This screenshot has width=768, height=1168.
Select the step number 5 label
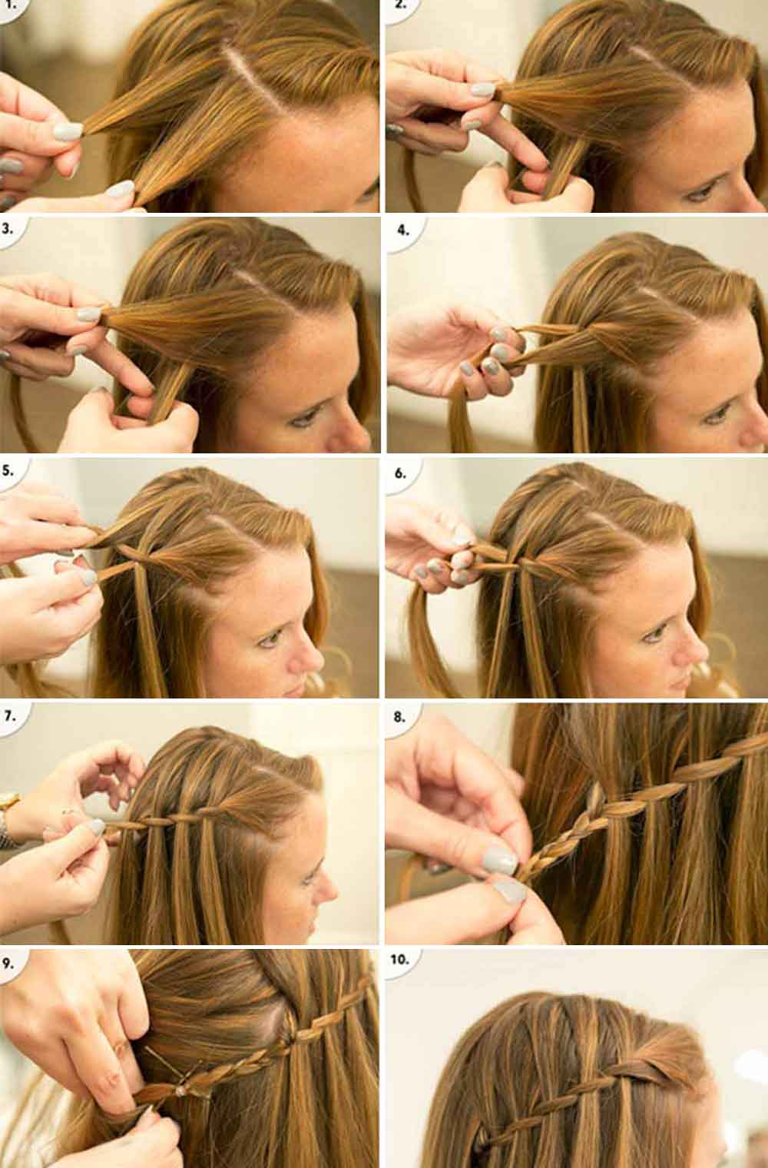click(x=10, y=471)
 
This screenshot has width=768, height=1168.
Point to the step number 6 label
click(x=400, y=473)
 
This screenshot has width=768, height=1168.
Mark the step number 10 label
click(x=402, y=960)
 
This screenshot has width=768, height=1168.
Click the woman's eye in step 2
click(x=697, y=193)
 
